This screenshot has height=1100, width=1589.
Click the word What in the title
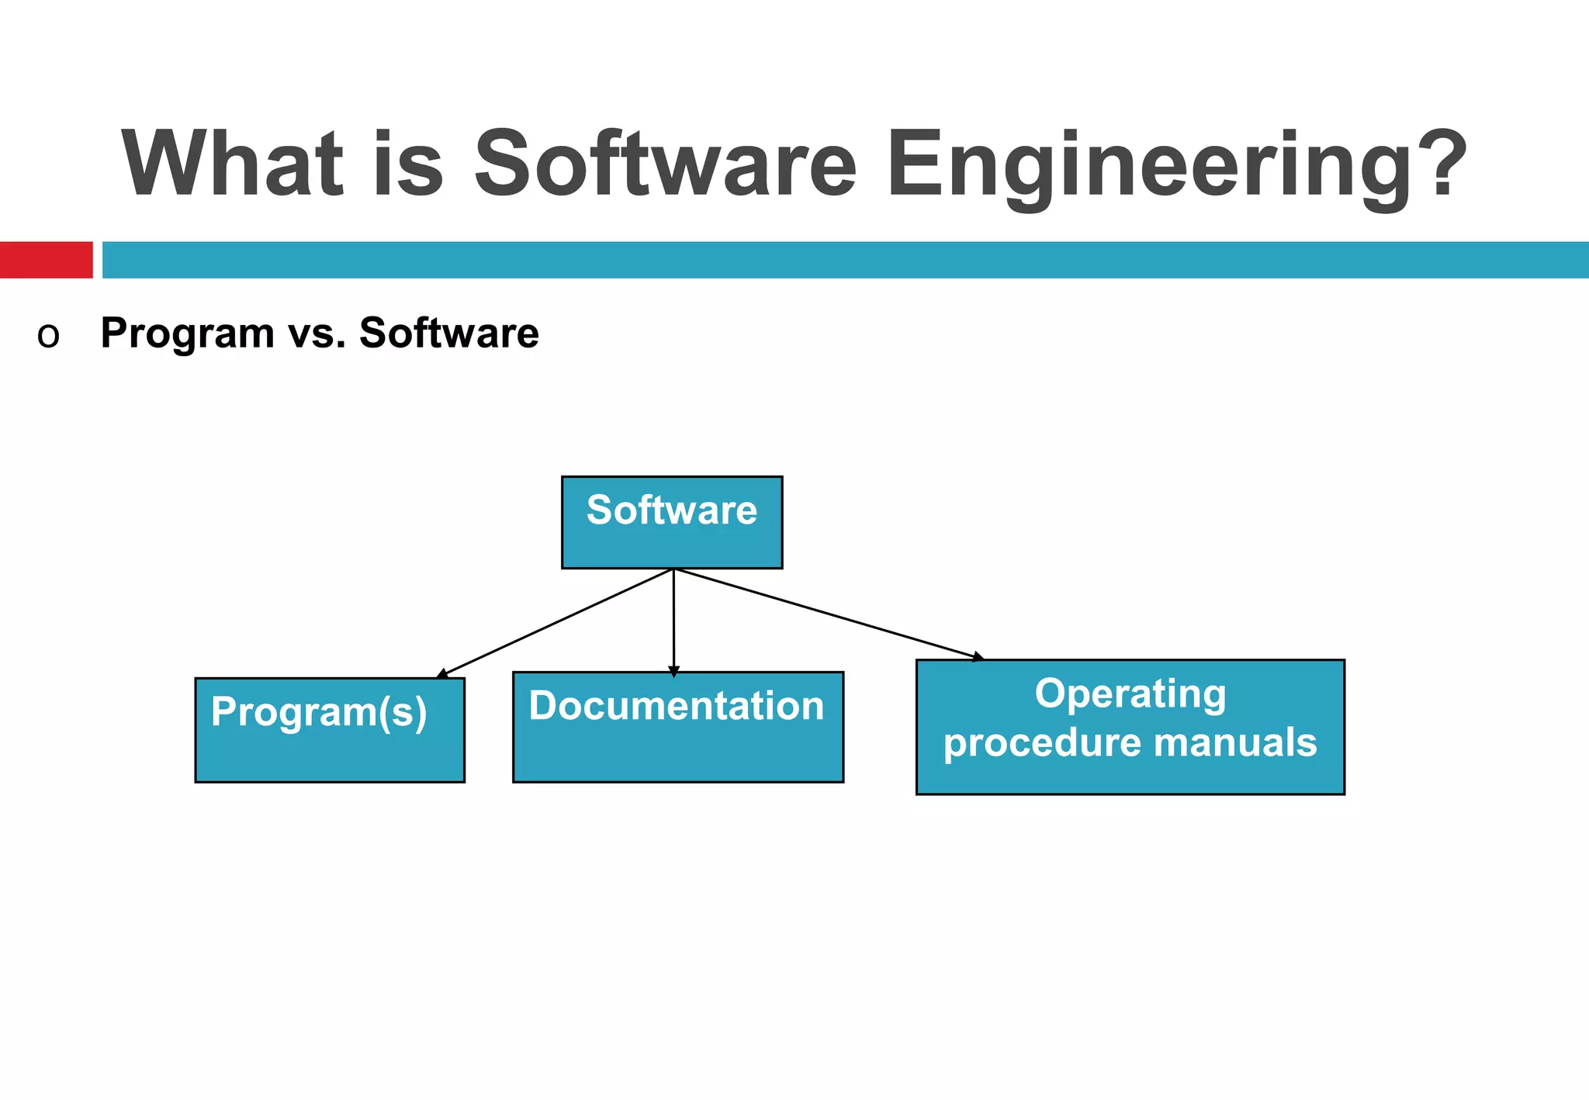tap(233, 164)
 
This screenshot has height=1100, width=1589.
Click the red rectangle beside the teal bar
tap(46, 260)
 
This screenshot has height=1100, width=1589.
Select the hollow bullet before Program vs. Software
tap(48, 337)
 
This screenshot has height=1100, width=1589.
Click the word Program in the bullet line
tap(187, 334)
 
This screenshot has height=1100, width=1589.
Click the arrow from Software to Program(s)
tap(556, 623)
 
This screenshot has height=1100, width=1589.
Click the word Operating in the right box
tap(1130, 694)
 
